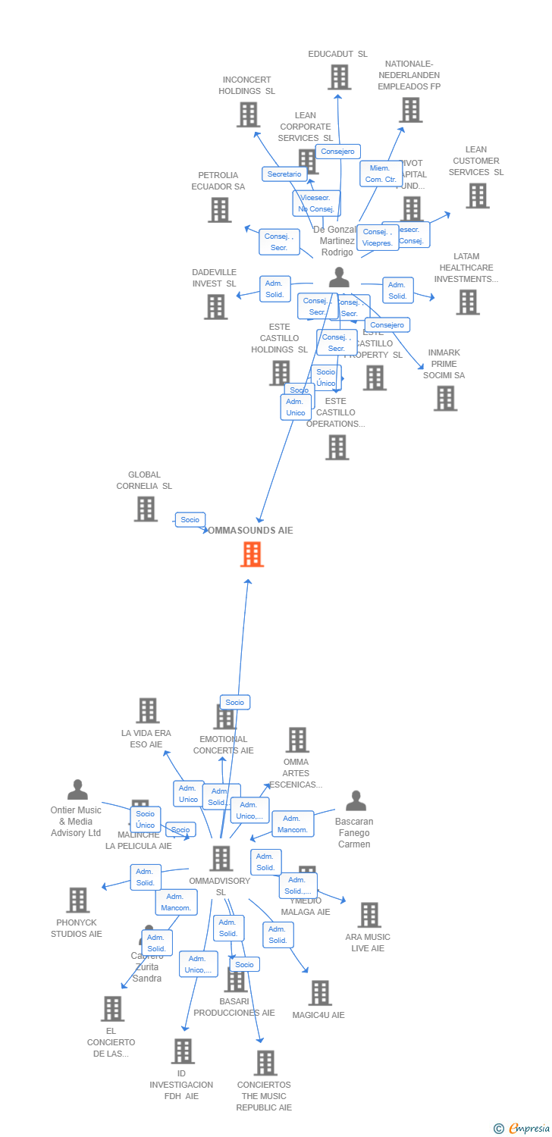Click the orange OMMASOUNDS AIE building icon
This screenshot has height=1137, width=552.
pyautogui.click(x=252, y=554)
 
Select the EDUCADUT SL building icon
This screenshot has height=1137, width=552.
pyautogui.click(x=339, y=77)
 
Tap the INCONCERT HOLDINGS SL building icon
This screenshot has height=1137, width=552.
pyautogui.click(x=248, y=114)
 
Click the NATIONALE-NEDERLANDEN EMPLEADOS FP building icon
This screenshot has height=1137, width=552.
pyautogui.click(x=410, y=110)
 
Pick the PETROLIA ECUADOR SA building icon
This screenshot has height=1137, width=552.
pyautogui.click(x=219, y=210)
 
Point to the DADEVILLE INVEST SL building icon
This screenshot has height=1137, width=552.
pyautogui.click(x=215, y=307)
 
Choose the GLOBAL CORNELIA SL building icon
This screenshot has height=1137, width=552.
pyautogui.click(x=146, y=509)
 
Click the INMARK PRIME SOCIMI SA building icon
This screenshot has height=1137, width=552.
pyautogui.click(x=445, y=398)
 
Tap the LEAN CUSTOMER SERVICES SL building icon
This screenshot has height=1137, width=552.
pyautogui.click(x=477, y=196)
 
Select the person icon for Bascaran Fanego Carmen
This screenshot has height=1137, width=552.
pyautogui.click(x=356, y=800)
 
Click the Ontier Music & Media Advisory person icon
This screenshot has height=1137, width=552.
pyautogui.click(x=77, y=790)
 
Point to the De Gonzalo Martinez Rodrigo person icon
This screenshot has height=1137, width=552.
pyautogui.click(x=339, y=278)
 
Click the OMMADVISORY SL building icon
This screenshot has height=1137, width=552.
pyautogui.click(x=221, y=859)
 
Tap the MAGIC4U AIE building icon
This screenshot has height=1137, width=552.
pyautogui.click(x=320, y=993)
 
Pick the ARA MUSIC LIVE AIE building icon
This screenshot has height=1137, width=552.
pyautogui.click(x=369, y=915)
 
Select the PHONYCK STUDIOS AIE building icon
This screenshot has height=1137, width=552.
pyautogui.click(x=77, y=901)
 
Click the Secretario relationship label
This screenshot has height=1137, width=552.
pyautogui.click(x=284, y=174)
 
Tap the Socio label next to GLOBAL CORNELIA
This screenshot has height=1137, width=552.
pyautogui.click(x=190, y=520)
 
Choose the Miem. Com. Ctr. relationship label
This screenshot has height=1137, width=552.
pyautogui.click(x=381, y=174)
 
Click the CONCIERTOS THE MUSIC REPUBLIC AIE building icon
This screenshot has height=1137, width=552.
pyautogui.click(x=265, y=1063)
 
